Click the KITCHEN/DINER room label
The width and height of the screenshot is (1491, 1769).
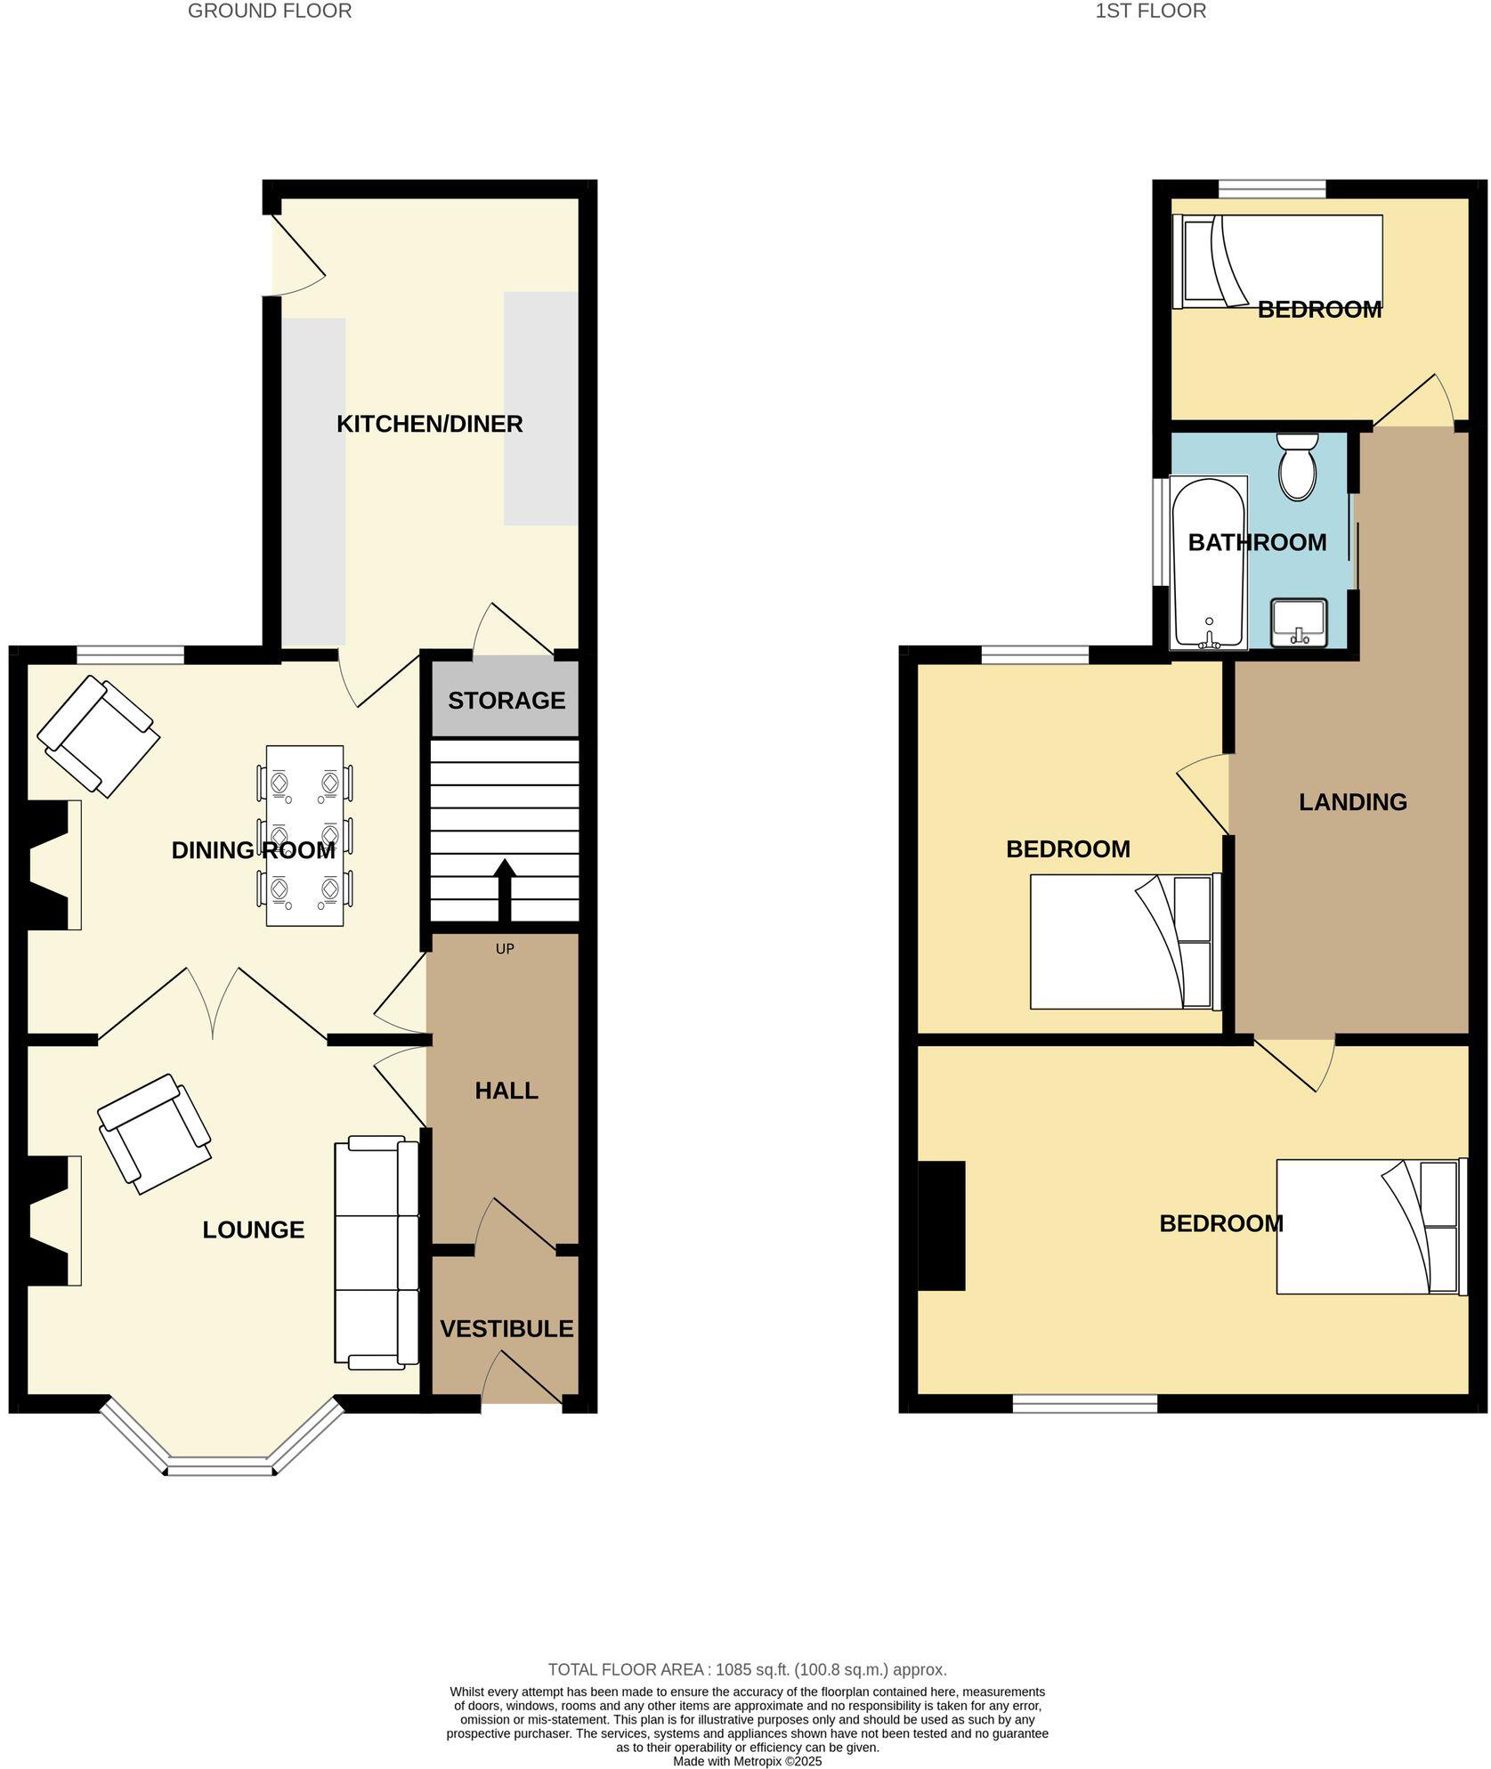point(429,424)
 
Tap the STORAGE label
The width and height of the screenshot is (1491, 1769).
point(506,701)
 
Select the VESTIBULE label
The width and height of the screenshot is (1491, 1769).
point(506,1328)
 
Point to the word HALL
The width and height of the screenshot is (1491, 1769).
point(506,1091)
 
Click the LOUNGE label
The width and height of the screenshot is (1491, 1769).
point(253,1229)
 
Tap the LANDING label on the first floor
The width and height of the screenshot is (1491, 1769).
point(1352,802)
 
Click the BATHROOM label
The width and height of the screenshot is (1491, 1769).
point(1256,542)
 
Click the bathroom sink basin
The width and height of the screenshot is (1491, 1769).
point(1299,622)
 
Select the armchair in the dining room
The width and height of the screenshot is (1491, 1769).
point(98,736)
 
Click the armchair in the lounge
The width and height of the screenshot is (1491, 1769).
point(154,1132)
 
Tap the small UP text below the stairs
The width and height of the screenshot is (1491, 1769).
point(505,949)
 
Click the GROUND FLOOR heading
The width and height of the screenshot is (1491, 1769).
point(270,12)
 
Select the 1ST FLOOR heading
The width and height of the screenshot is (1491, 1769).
point(1150,12)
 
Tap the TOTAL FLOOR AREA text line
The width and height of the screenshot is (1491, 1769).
point(746,1670)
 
